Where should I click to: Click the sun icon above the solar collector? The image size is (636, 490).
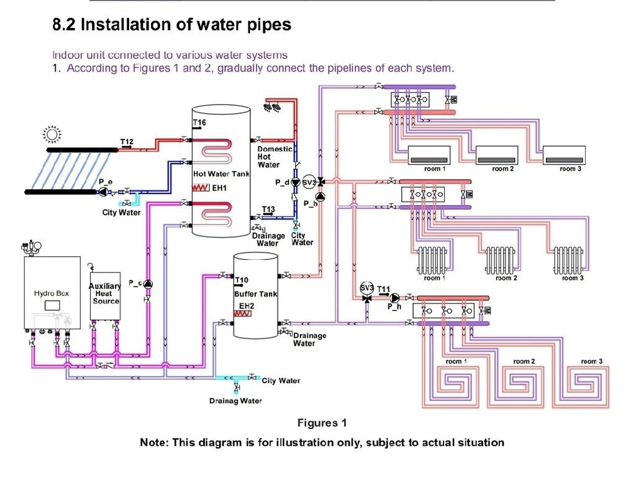tap(52, 134)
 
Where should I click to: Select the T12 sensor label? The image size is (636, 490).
tap(127, 142)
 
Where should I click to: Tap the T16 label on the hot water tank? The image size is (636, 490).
tap(199, 122)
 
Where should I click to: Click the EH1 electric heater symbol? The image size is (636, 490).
tap(201, 188)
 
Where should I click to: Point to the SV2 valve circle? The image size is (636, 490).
tap(309, 182)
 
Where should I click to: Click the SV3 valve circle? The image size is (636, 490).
tap(366, 288)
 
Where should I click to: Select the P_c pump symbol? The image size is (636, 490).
tap(148, 284)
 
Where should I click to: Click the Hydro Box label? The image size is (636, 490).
tap(52, 293)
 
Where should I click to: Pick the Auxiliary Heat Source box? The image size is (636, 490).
tap(105, 296)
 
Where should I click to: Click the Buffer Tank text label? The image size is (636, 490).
tap(255, 294)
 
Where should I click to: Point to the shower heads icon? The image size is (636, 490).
tap(273, 108)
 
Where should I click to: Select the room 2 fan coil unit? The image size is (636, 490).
tap(497, 155)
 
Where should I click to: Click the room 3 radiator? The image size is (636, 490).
tap(568, 260)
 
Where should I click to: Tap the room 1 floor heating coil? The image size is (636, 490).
tap(457, 383)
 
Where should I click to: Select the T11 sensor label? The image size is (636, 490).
tap(383, 289)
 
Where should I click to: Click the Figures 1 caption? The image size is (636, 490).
tap(322, 423)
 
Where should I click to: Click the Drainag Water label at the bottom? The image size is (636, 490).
tap(235, 400)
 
